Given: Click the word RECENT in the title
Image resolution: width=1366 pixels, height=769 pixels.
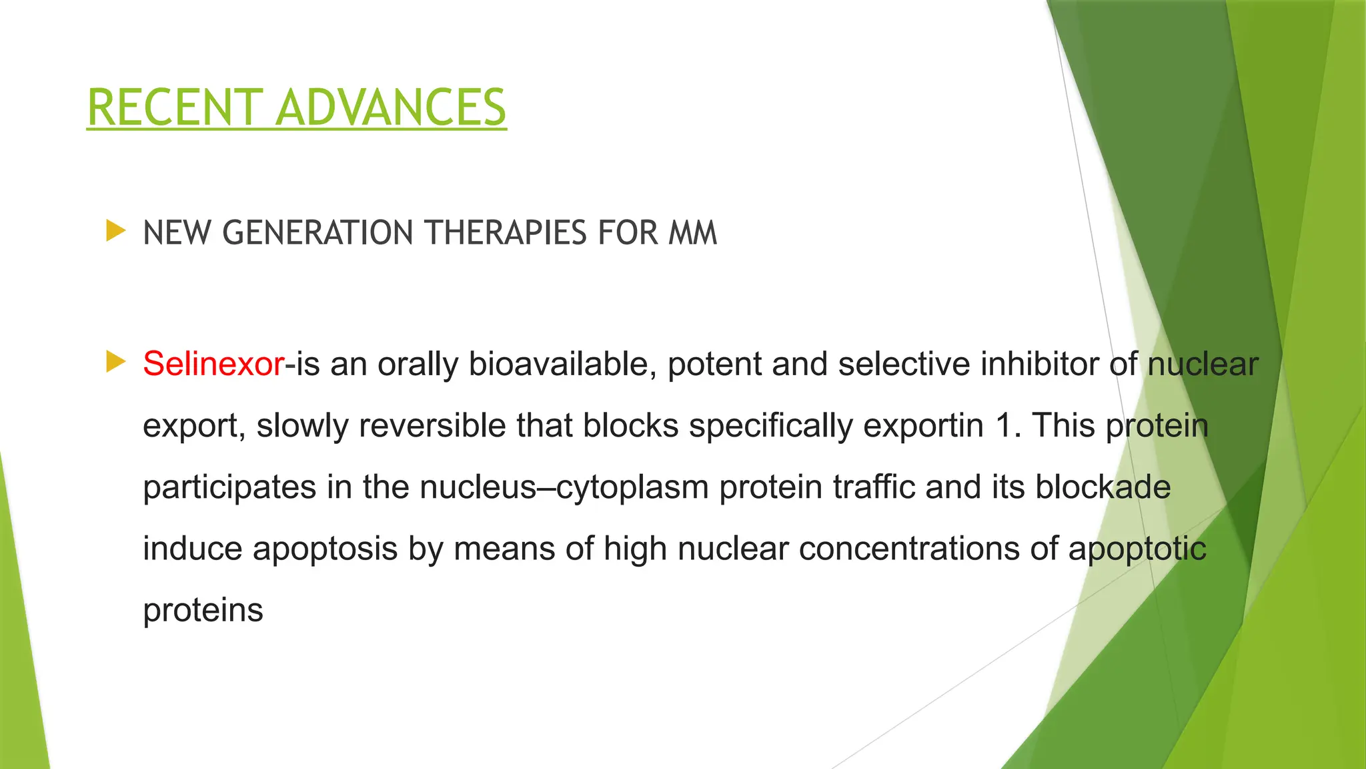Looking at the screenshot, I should [x=175, y=107].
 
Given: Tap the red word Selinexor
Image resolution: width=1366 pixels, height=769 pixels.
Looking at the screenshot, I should [x=213, y=364].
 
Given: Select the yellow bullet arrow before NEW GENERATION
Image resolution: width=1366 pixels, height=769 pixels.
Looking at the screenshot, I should [x=115, y=232].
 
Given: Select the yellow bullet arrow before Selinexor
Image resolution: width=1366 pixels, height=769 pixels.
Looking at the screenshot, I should [x=115, y=362].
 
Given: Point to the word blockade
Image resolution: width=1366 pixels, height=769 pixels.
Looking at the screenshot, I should [x=1103, y=487].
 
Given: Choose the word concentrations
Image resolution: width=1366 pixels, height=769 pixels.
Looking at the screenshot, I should [x=909, y=549].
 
